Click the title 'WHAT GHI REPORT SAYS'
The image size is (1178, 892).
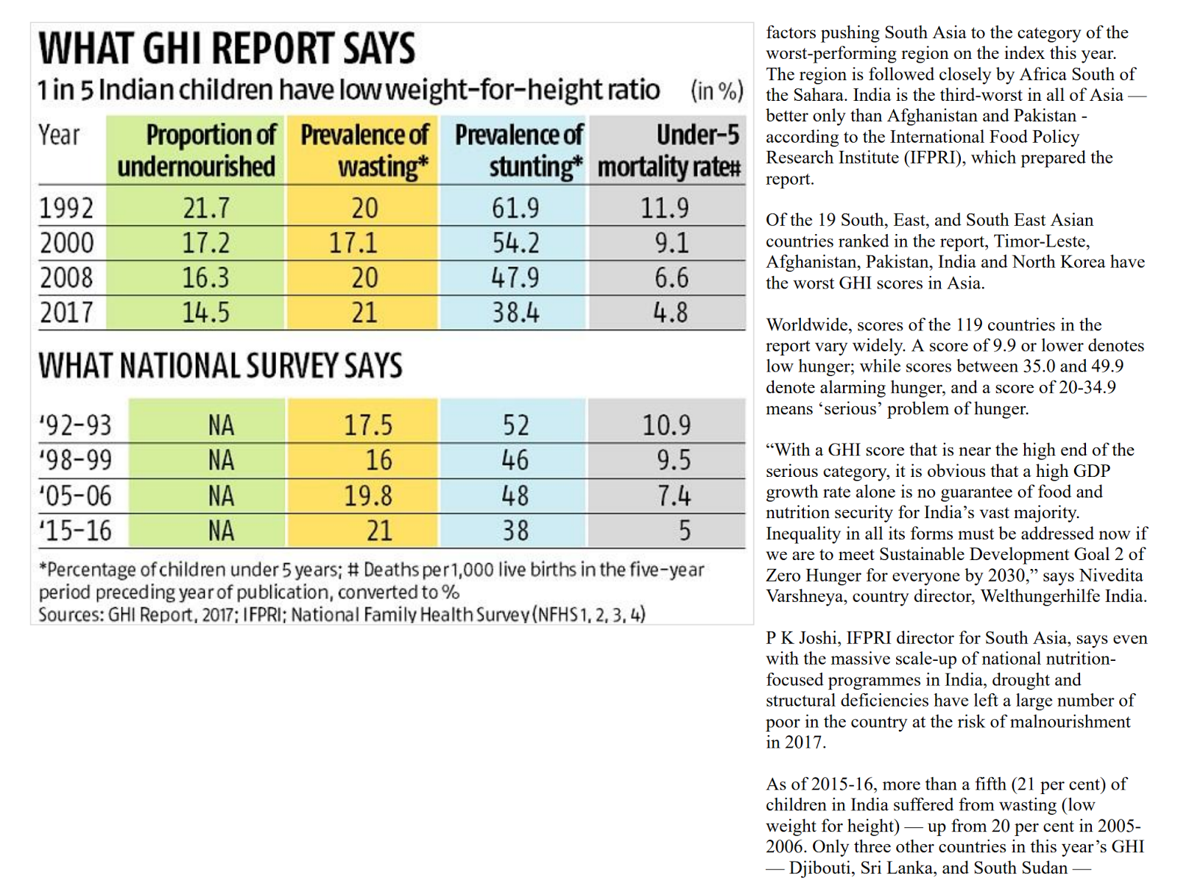click(x=227, y=49)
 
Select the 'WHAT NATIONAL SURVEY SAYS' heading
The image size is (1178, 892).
click(x=221, y=366)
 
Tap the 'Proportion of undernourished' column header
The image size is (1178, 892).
click(x=197, y=150)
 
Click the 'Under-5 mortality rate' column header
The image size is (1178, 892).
click(x=668, y=150)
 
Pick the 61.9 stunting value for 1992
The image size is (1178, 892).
click(x=515, y=208)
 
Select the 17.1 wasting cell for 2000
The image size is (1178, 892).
click(x=353, y=243)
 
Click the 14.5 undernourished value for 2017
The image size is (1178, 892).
click(x=206, y=313)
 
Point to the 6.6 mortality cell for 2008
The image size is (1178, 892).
click(x=671, y=278)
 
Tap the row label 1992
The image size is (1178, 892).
click(x=66, y=208)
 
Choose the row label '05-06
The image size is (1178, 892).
click(x=75, y=496)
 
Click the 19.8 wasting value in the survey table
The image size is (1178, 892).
click(x=368, y=496)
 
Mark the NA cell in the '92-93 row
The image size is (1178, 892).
click(x=221, y=425)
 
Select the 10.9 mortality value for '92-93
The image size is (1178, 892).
click(x=666, y=425)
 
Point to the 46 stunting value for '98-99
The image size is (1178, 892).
click(x=515, y=461)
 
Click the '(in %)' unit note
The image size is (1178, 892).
click(x=716, y=91)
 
